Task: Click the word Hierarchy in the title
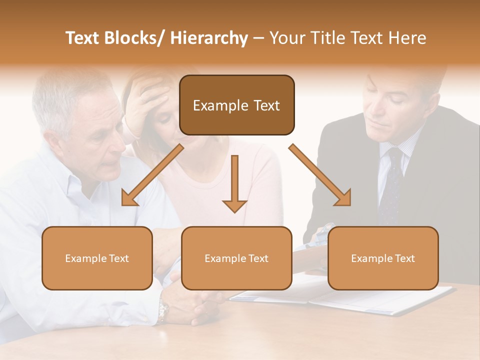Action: point(209,38)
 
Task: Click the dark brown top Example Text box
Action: point(236,105)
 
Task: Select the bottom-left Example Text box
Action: point(97,258)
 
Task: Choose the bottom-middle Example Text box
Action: point(236,258)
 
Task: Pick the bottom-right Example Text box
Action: point(383,258)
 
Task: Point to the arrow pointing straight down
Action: point(234,185)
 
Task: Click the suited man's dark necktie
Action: point(391,185)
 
